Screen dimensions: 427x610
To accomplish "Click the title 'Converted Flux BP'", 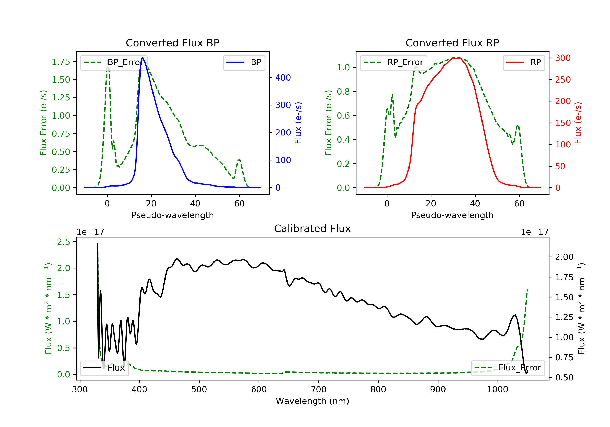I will tap(172, 43).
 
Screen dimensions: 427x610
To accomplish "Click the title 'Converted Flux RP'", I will tap(452, 43).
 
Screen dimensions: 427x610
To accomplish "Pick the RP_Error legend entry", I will tap(393, 62).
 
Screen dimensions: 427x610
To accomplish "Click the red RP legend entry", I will tap(524, 62).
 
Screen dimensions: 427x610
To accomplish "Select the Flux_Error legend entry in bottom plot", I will tap(508, 368).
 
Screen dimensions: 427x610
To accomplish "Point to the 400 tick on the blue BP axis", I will tap(283, 78).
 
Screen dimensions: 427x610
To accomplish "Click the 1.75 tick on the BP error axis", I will tap(61, 62).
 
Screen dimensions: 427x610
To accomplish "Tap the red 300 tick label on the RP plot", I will tap(563, 58).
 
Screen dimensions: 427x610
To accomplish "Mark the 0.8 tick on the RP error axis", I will tap(343, 92).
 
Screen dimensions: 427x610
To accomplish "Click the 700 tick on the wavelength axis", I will tap(318, 390).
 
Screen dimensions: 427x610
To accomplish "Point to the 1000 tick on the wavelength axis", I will tap(497, 390).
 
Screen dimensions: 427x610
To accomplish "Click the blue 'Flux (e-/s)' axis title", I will tap(298, 123).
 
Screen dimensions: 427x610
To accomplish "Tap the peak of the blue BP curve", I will tap(142, 58).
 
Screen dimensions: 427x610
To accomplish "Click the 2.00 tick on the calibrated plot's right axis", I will tap(564, 257).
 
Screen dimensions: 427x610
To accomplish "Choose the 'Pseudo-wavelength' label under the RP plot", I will tap(452, 215).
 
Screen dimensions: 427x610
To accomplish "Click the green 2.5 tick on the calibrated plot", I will tap(63, 242).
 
